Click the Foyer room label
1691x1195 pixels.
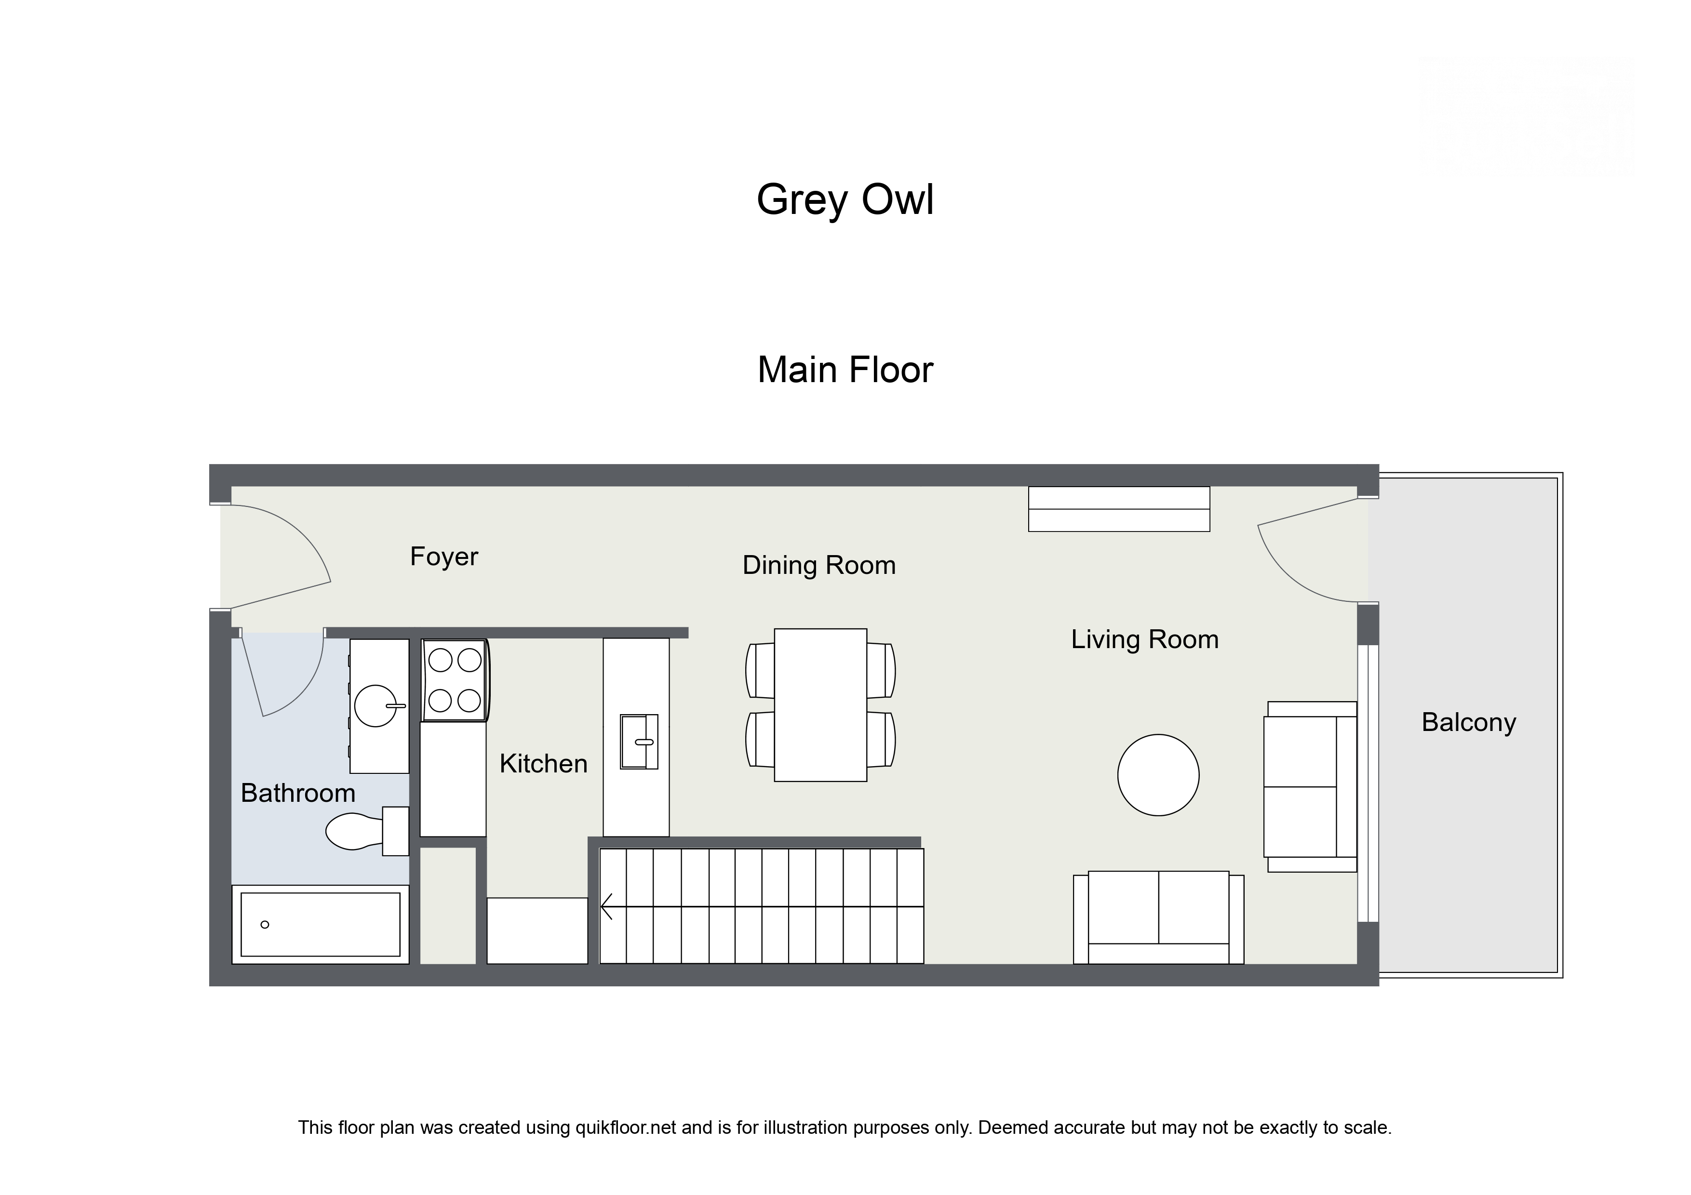[x=443, y=557]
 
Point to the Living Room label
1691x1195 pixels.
[x=1144, y=639]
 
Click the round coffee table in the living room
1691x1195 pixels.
[x=1158, y=774]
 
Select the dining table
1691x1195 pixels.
[x=820, y=704]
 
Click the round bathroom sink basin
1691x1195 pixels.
[x=376, y=705]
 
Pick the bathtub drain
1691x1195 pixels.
[x=265, y=924]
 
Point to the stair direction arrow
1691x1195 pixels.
[x=607, y=906]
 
